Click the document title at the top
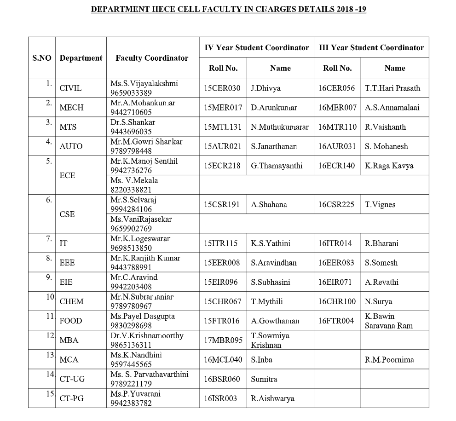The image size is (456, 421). tap(229, 9)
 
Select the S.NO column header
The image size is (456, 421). tap(42, 58)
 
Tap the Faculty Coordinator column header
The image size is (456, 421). tap(152, 58)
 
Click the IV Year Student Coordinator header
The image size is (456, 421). tap(257, 47)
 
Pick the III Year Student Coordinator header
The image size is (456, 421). tap(371, 47)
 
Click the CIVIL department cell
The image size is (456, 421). tap(70, 88)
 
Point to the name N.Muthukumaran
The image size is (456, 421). tap(280, 127)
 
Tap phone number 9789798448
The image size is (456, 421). tap(131, 151)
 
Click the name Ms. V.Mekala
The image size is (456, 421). tap(134, 180)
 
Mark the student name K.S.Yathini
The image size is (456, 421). tap(271, 243)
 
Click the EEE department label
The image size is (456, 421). tap(67, 263)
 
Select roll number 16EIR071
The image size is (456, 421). tap(336, 282)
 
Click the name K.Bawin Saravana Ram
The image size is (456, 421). tap(388, 321)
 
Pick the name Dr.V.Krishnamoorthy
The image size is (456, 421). tap(147, 336)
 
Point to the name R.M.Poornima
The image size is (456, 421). tap(389, 360)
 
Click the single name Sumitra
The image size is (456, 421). tap(264, 379)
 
